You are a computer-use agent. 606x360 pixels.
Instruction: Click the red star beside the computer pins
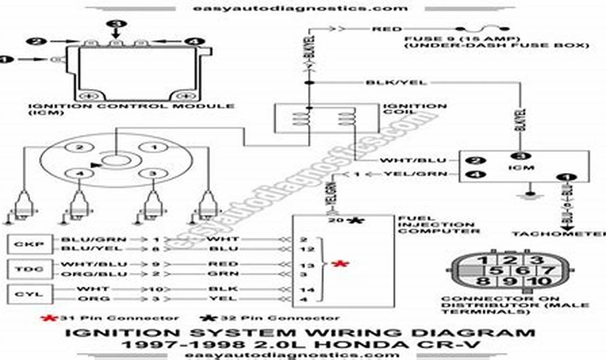(339, 264)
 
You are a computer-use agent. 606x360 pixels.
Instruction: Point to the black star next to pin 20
(353, 220)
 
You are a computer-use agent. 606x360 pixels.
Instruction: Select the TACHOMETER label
(559, 234)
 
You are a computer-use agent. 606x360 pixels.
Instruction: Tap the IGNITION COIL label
(415, 109)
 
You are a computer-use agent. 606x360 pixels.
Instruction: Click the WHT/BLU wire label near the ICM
(407, 161)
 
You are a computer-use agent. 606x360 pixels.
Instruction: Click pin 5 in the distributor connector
(496, 271)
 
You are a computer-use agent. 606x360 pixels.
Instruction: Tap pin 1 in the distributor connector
(482, 260)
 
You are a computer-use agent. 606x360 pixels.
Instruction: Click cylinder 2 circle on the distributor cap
(80, 148)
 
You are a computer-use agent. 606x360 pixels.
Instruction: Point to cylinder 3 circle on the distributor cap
(152, 173)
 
